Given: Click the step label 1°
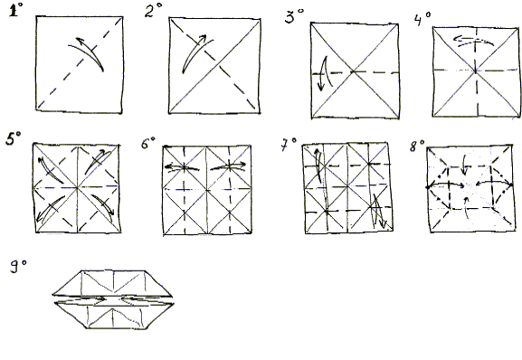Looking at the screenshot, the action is (15, 10).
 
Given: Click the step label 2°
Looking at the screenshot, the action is (153, 11).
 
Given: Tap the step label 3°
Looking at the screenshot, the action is (294, 16).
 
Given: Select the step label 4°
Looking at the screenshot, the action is (422, 18).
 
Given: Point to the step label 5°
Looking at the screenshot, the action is (14, 138).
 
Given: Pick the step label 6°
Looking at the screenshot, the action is (148, 143).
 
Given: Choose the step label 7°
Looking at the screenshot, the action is (289, 145).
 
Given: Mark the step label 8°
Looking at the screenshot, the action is (417, 146).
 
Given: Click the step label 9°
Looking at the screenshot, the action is (18, 267).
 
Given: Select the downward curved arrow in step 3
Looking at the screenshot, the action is (324, 73).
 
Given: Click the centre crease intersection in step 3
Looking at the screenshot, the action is (353, 71).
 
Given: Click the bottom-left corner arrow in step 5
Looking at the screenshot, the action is (51, 209).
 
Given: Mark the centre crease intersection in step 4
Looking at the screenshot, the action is (476, 71).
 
